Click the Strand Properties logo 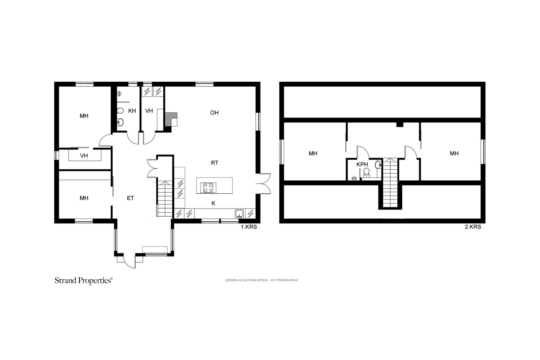click(84, 281)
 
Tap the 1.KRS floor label click(249, 227)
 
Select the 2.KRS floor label click(473, 227)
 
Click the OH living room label click(214, 113)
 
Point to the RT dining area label click(215, 163)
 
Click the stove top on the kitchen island click(208, 188)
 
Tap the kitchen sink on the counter click(239, 214)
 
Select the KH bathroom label click(132, 111)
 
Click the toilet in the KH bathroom click(120, 111)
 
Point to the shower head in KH click(119, 94)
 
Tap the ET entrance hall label click(130, 198)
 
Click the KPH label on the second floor click(362, 165)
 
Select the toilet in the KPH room click(367, 172)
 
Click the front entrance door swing click(130, 261)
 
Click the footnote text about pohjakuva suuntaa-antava click(262, 280)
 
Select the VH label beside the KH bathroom click(149, 111)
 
